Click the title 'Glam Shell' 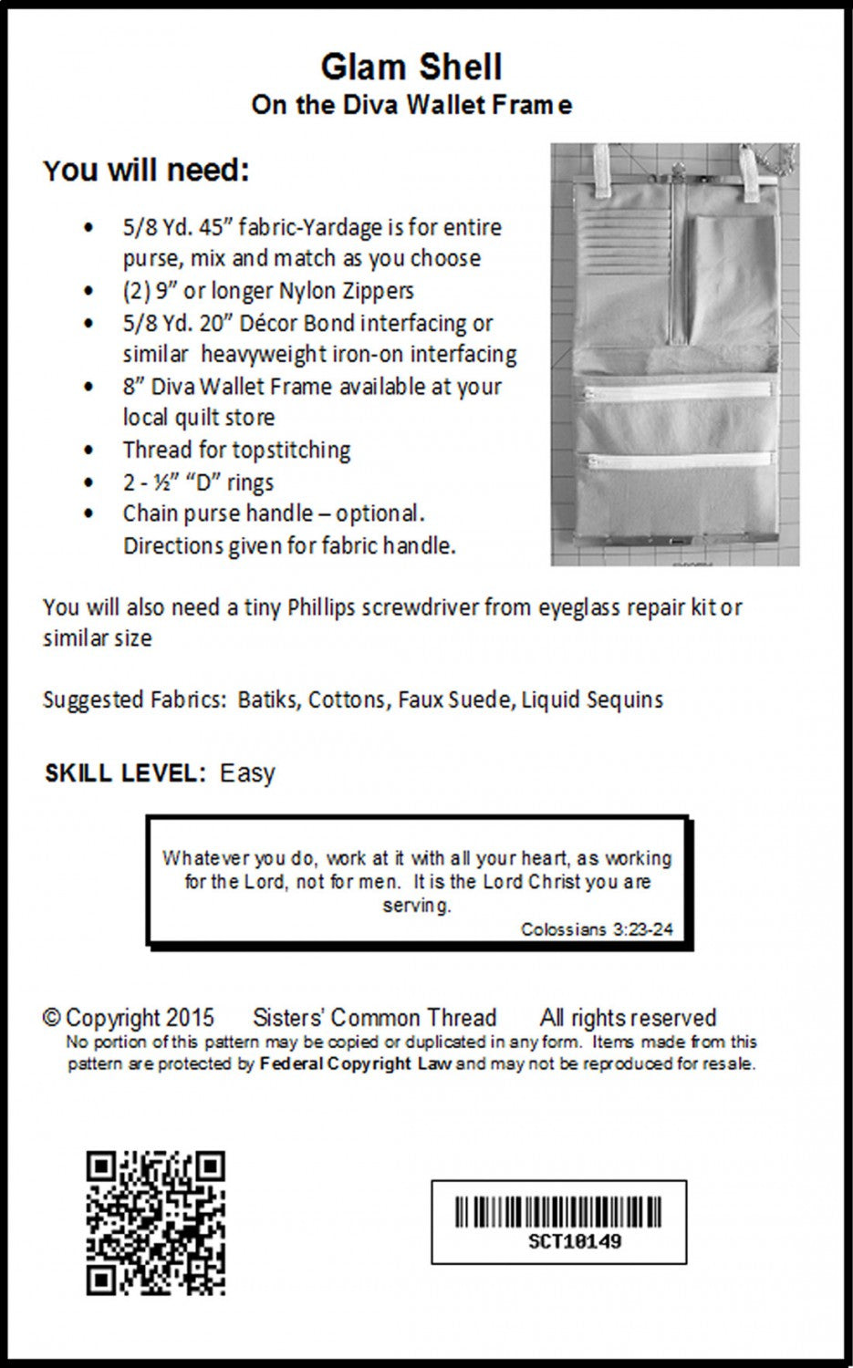[411, 67]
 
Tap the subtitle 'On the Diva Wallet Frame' [411, 105]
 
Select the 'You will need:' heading [146, 171]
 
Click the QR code [156, 1222]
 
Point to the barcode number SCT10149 [575, 1241]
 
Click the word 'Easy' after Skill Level [247, 773]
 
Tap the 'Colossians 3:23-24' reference [597, 929]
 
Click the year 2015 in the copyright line [191, 1018]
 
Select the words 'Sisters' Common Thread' [374, 1018]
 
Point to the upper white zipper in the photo [675, 395]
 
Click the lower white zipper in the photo [675, 461]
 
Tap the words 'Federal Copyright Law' [356, 1063]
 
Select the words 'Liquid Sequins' [592, 700]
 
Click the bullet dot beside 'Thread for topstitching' [88, 451]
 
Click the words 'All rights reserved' [628, 1018]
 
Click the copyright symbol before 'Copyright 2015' [52, 1018]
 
